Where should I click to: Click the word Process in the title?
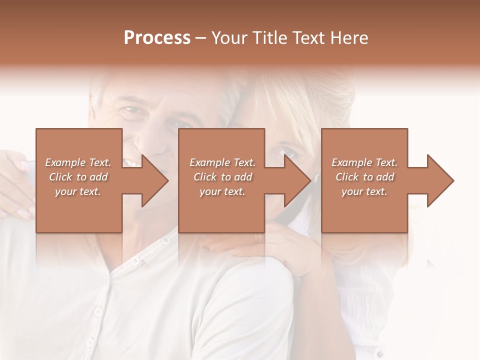157,38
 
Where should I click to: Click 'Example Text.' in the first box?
78,162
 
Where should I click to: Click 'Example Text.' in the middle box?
222,162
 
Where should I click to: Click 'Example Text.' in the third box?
364,162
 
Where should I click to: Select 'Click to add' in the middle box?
222,177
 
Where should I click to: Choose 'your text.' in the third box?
364,191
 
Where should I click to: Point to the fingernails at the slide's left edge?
22,165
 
